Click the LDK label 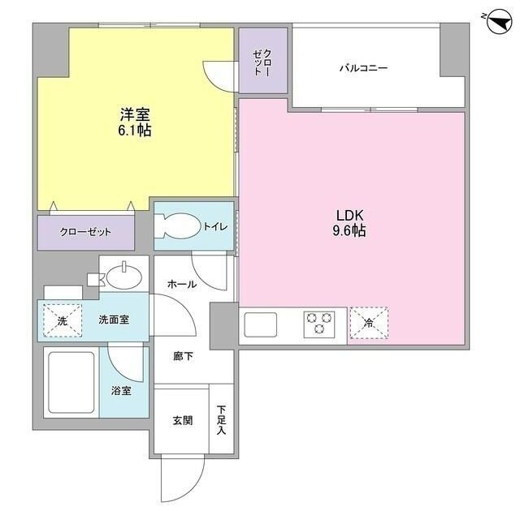(351, 216)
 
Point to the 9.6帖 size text (351, 231)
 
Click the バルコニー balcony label (362, 68)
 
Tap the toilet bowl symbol (177, 225)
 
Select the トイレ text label (215, 227)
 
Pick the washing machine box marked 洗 (62, 320)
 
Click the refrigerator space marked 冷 (369, 323)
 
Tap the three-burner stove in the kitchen (319, 324)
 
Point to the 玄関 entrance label (182, 421)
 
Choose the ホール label (180, 284)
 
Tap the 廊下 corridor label (183, 356)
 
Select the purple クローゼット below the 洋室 (85, 232)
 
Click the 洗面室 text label (114, 320)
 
